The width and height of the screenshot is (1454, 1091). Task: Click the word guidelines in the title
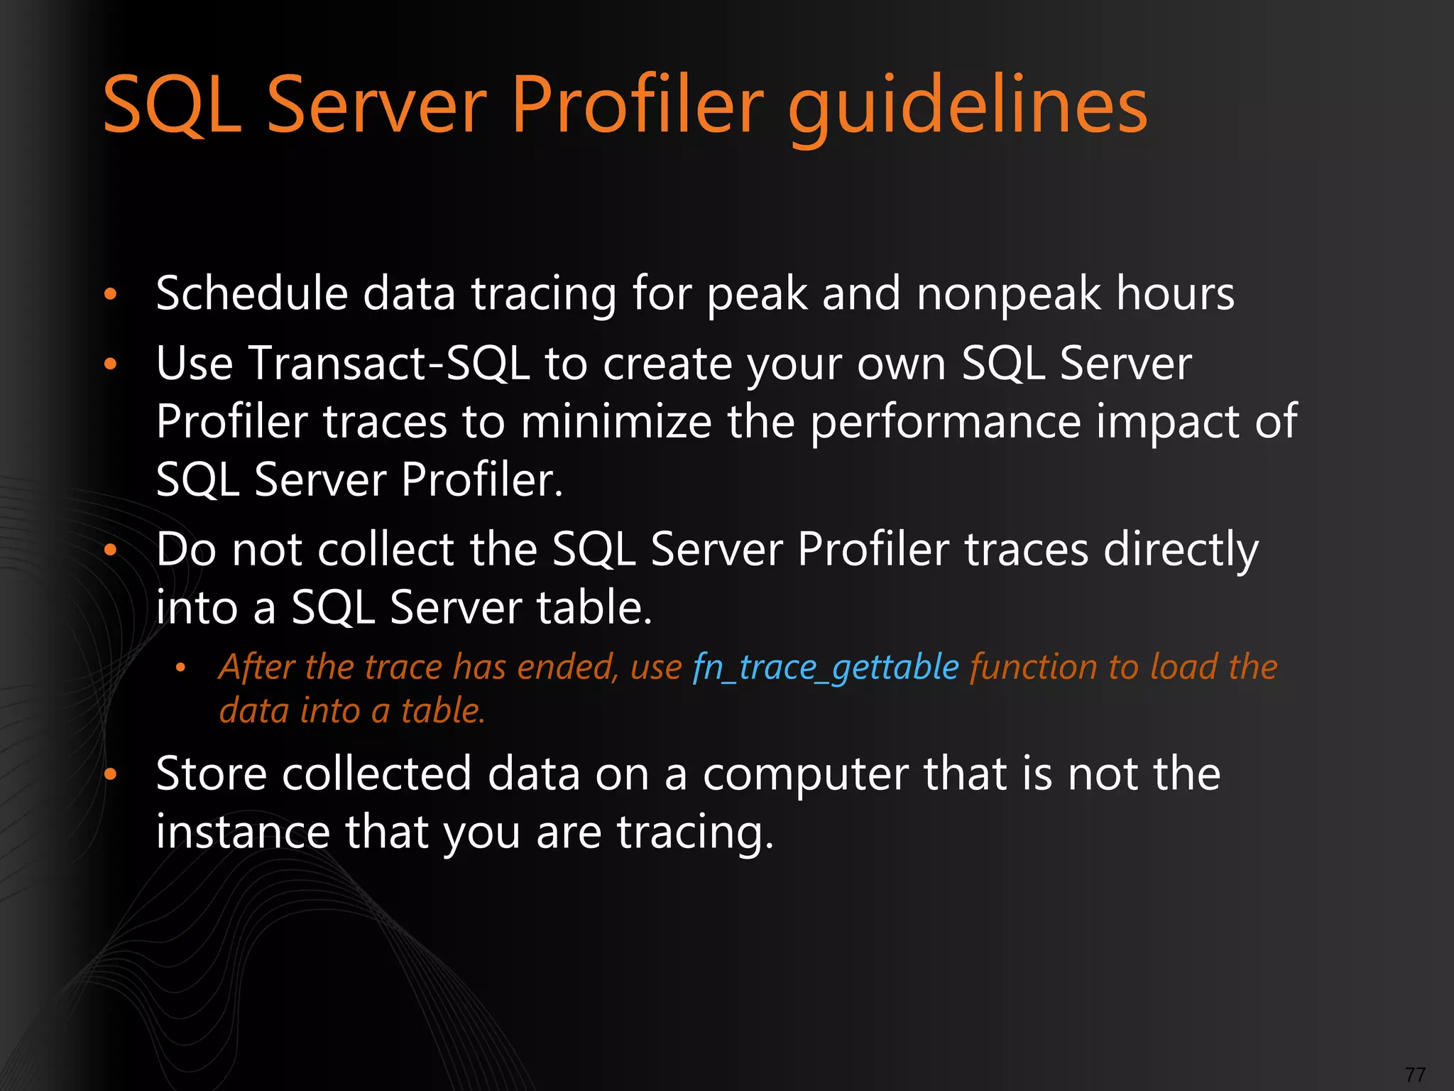(x=967, y=107)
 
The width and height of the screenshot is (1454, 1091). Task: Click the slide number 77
(x=1415, y=1075)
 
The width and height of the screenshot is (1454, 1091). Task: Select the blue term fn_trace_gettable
(x=826, y=668)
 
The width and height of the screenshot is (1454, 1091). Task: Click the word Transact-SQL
(x=389, y=364)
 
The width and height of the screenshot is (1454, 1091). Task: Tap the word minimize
(x=616, y=422)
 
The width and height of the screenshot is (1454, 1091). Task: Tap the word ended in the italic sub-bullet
(x=568, y=668)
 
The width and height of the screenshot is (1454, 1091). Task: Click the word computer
(x=805, y=774)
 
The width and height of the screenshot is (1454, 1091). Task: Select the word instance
(x=242, y=832)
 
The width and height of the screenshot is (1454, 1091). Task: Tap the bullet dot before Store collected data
(x=110, y=775)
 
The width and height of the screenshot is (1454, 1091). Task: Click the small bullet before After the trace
(x=180, y=668)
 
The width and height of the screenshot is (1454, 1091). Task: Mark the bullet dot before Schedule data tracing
(x=110, y=294)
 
